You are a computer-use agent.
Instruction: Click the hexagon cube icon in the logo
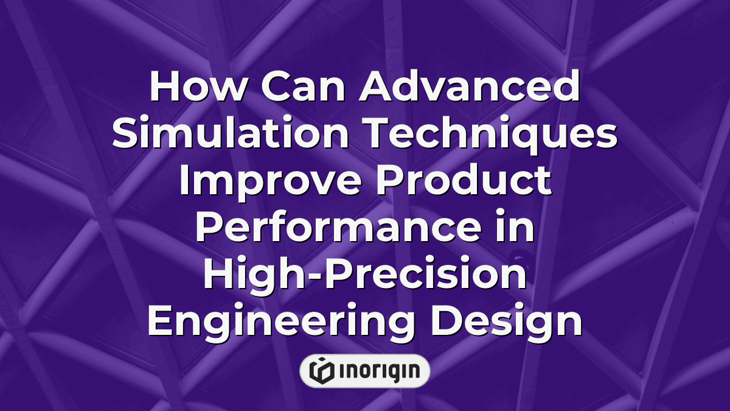pyautogui.click(x=320, y=371)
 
